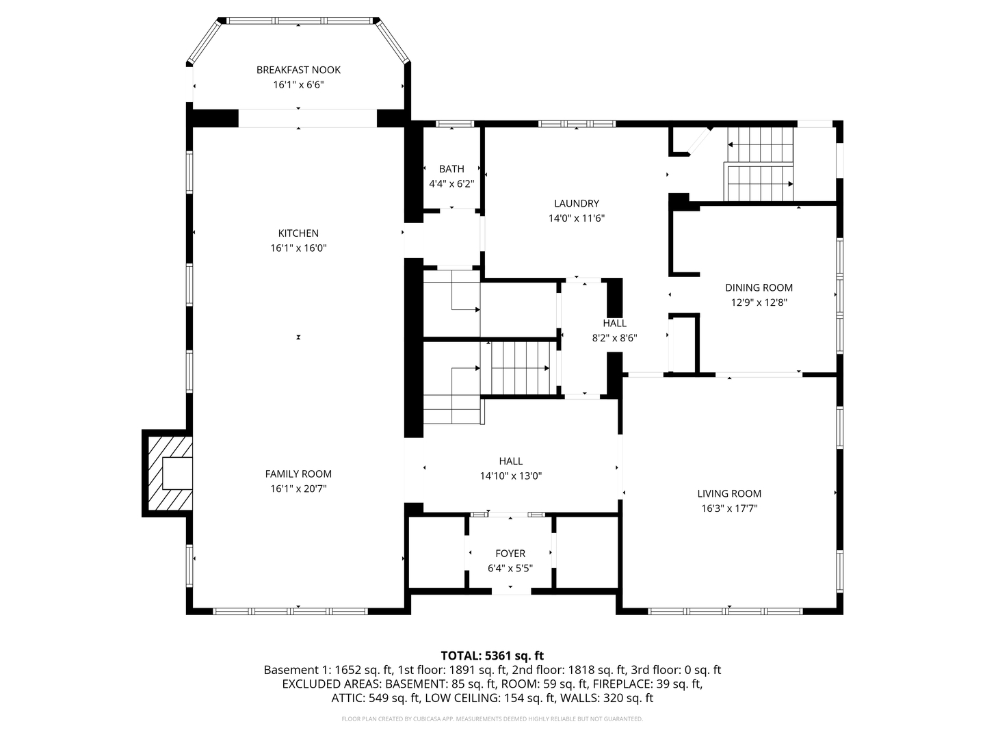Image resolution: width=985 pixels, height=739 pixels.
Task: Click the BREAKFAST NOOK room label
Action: (x=298, y=70)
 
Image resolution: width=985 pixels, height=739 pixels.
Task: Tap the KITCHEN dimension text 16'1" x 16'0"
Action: (x=298, y=248)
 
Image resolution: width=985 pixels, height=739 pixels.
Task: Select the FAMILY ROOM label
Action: (x=298, y=474)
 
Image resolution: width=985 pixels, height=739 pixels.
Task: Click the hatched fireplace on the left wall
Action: (x=168, y=473)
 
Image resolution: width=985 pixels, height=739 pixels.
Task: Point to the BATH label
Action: (x=451, y=169)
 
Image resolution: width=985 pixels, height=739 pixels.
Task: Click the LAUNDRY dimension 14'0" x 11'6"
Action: (x=576, y=218)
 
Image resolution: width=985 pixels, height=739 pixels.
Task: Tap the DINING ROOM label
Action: (x=759, y=287)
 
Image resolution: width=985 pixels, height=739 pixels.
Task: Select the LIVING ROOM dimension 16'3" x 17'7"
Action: (x=729, y=508)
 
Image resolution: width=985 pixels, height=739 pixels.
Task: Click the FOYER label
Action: (x=510, y=553)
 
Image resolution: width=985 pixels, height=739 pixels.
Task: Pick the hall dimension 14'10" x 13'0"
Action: (x=510, y=476)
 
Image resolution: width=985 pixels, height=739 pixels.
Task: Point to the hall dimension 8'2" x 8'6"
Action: (x=614, y=337)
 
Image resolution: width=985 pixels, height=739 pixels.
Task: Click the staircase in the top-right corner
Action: (x=759, y=164)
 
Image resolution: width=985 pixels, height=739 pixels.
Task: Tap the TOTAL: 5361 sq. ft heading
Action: (x=492, y=656)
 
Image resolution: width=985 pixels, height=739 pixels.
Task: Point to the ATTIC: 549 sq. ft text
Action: (x=375, y=698)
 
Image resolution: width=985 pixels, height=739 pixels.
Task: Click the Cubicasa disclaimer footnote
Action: (x=492, y=719)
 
